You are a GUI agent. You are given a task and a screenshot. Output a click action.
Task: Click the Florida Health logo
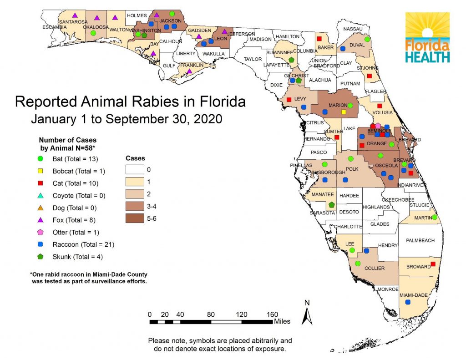[x=427, y=37]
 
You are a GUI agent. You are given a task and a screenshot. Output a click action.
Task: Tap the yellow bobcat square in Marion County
[x=344, y=112]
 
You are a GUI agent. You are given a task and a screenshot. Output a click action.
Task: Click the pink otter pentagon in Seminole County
[x=378, y=125]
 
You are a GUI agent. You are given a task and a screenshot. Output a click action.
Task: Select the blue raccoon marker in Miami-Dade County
[x=408, y=302]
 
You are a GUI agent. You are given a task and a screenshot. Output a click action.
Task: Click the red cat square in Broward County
[x=433, y=264]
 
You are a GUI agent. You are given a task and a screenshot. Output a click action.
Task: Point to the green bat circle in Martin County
[x=435, y=217]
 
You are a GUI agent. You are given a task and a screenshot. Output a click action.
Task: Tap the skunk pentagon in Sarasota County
[x=332, y=205]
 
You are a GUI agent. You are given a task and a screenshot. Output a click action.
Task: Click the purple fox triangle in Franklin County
[x=189, y=71]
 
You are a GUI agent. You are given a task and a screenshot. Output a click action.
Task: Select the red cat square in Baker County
[x=319, y=39]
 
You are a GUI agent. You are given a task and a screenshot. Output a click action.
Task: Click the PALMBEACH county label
[x=420, y=240]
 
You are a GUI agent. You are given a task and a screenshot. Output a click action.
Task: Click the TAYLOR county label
[x=253, y=59]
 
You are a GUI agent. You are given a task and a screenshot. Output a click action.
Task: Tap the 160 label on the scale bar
[x=271, y=314]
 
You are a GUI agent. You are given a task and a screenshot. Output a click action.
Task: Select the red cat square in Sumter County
[x=337, y=137]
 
